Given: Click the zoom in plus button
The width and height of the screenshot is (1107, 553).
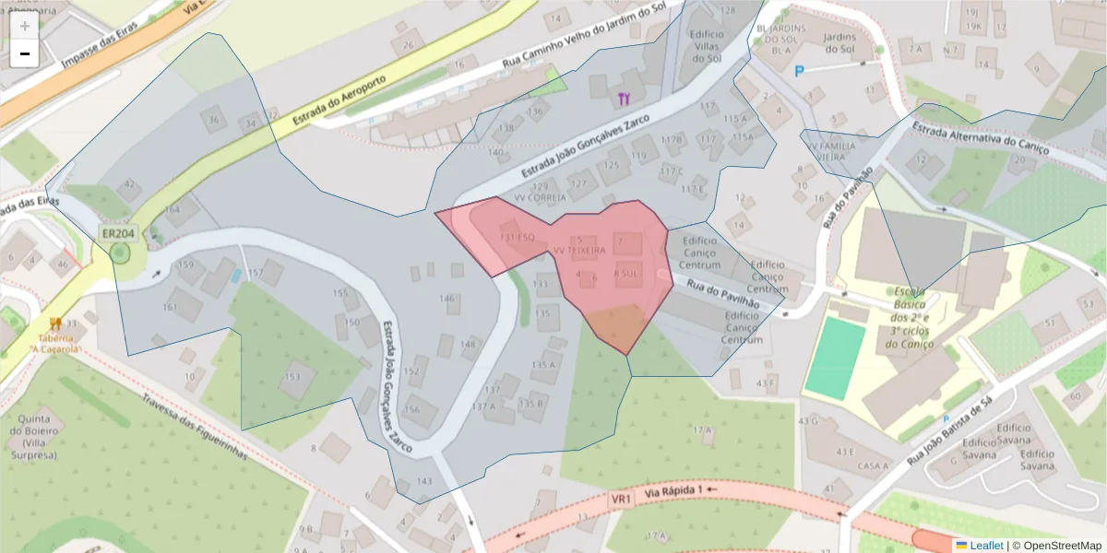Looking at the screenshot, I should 24,26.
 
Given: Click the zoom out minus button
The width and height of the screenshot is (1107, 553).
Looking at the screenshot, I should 24,54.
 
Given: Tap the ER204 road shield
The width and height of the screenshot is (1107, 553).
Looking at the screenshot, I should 118,234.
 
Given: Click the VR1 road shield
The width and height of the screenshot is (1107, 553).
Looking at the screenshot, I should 621,499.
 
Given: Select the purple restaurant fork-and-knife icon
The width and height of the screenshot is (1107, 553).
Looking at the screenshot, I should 625,97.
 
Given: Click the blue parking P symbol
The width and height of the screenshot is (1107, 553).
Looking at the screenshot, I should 800,70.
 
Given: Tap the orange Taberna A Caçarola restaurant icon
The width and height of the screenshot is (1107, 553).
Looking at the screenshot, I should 56,324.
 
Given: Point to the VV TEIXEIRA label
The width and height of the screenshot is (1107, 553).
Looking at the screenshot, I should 578,250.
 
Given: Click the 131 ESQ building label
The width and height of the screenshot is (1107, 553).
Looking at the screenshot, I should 517,237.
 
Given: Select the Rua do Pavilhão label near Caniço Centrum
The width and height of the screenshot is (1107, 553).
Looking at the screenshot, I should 721,292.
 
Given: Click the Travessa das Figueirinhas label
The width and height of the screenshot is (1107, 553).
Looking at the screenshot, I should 195,423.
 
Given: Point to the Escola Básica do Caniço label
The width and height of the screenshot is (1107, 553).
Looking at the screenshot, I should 911,318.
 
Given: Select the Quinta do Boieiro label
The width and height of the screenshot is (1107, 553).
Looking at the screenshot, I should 37,435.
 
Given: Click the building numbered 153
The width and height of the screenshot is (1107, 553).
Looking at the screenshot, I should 293,377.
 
